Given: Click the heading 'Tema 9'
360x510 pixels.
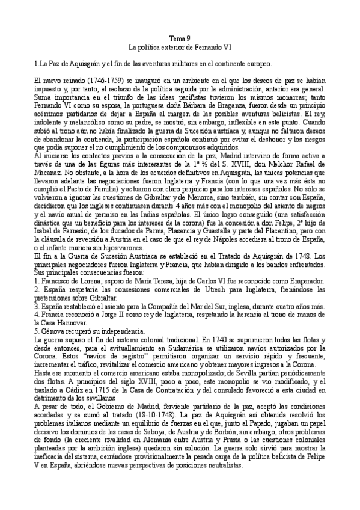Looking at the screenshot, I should pyautogui.click(x=180, y=37).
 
